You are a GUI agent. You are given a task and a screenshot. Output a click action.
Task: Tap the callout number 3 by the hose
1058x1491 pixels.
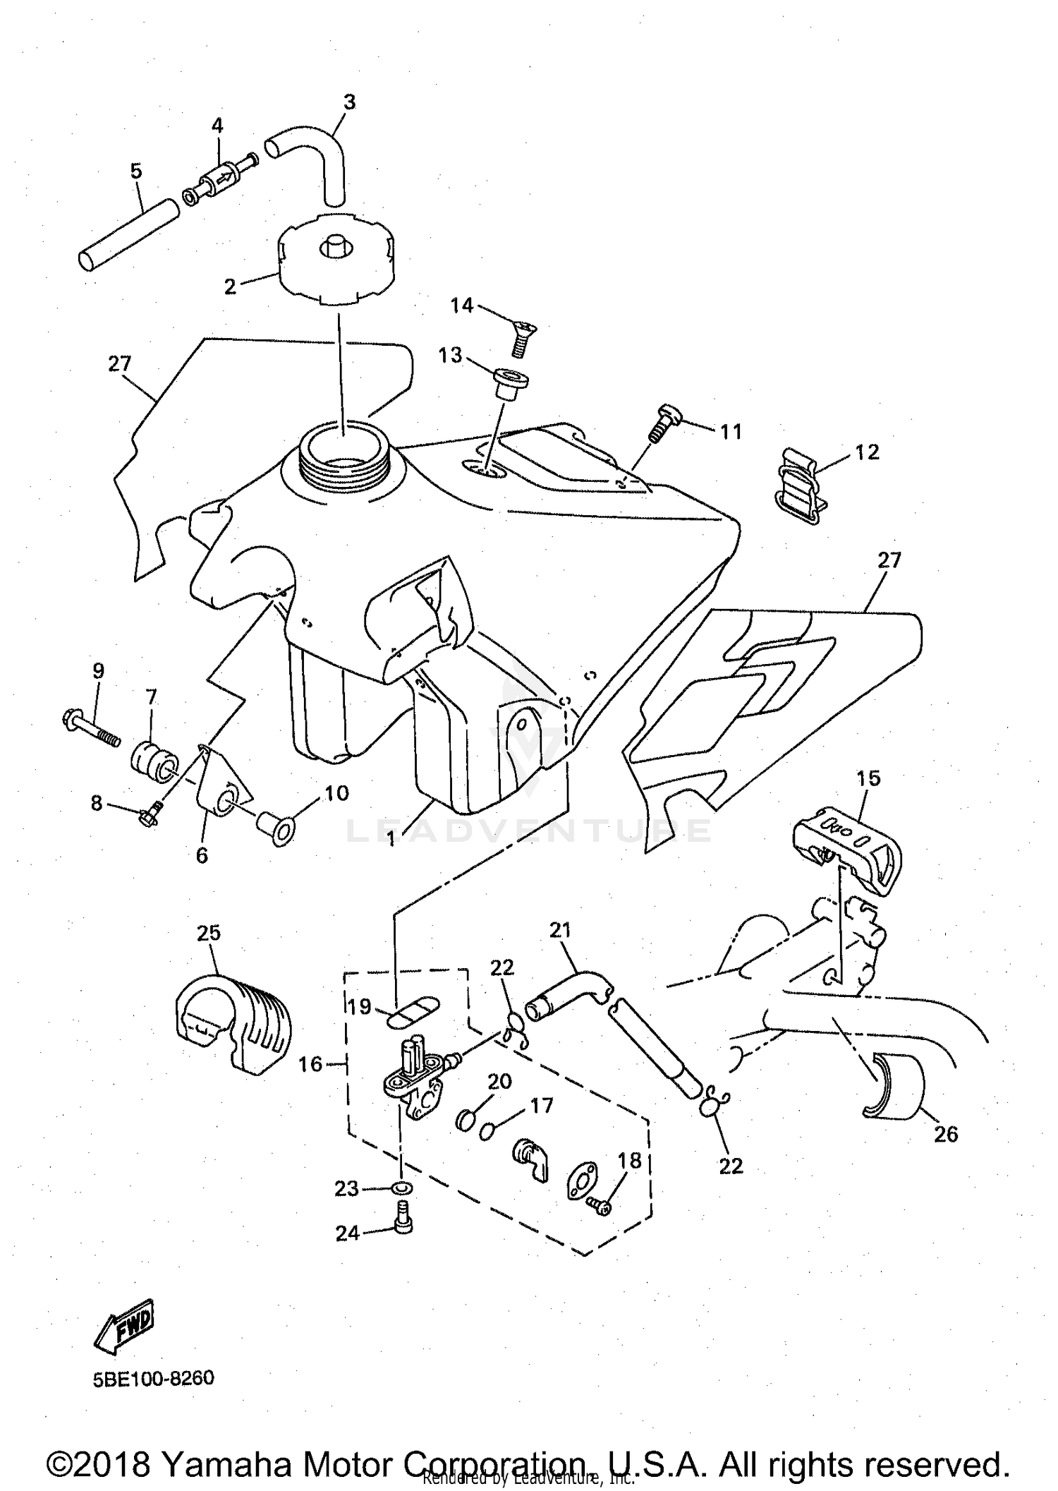(349, 102)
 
